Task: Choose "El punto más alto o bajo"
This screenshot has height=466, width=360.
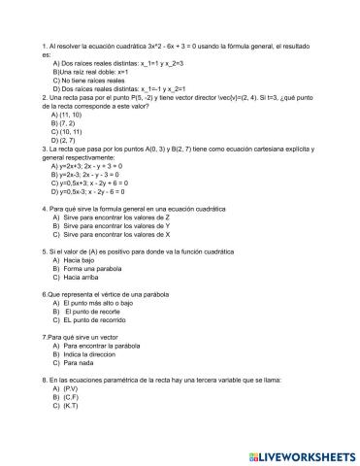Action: [105, 303]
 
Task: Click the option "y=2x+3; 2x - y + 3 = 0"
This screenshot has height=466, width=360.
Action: [98, 165]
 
